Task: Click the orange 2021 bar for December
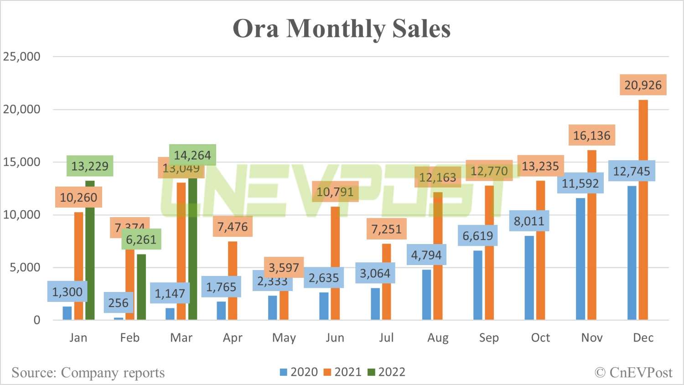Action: coord(643,210)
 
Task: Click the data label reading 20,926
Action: coord(643,85)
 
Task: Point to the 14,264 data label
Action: coord(192,155)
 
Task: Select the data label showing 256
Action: coord(118,303)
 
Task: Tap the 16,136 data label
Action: coord(591,135)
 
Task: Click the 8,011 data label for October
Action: coord(529,221)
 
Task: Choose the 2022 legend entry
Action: coord(387,372)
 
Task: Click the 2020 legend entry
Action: coord(299,372)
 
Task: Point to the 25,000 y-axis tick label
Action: coord(22,57)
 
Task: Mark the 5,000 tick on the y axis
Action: coord(25,267)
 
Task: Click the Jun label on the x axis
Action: coord(335,338)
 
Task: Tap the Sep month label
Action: coord(489,338)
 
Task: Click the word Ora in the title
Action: coord(255,29)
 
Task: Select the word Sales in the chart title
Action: coord(421,29)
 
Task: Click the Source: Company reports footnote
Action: coord(88,373)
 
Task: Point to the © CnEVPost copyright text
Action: coord(633,373)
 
